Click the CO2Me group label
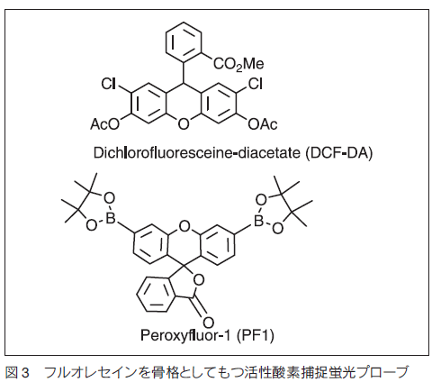[x=238, y=64]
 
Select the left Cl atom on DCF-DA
[x=109, y=84]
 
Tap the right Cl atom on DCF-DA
[x=256, y=84]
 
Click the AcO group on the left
[x=105, y=124]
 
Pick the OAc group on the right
[x=263, y=124]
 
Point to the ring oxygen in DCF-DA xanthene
[x=184, y=124]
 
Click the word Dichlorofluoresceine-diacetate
[x=196, y=153]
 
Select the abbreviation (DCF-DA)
[x=338, y=153]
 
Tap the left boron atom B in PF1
[x=111, y=219]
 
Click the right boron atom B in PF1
[x=258, y=222]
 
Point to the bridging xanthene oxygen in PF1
[x=184, y=226]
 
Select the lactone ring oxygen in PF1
[x=199, y=280]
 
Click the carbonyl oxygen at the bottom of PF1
[x=208, y=323]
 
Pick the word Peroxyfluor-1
[x=185, y=335]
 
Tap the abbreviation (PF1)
[x=256, y=335]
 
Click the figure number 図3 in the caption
[x=17, y=372]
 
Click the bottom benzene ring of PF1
[x=156, y=295]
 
